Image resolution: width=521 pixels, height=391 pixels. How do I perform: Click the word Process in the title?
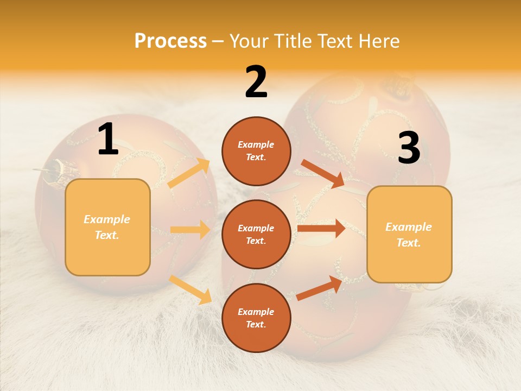pos(170,41)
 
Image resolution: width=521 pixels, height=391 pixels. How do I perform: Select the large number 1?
pos(108,140)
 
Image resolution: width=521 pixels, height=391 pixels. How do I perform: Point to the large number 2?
pos(256,82)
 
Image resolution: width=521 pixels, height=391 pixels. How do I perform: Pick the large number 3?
pos(409,148)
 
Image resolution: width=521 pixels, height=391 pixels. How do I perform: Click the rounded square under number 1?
pos(107,227)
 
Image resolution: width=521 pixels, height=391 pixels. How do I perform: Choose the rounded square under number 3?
pos(409,234)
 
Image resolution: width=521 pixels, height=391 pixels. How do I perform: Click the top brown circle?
pos(256,151)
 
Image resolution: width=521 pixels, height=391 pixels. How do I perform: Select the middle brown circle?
pos(256,234)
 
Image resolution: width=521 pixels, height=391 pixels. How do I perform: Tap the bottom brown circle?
pos(256,318)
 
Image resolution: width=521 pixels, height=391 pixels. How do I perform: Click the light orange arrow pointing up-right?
pos(189,173)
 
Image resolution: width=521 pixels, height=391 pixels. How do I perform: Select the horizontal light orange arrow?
pos(190,230)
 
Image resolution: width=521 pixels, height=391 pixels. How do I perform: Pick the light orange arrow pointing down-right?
pos(190,289)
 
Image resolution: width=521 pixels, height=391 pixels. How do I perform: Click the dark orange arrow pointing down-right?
pos(322,173)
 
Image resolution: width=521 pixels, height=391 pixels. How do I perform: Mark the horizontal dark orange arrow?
pos(321,228)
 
